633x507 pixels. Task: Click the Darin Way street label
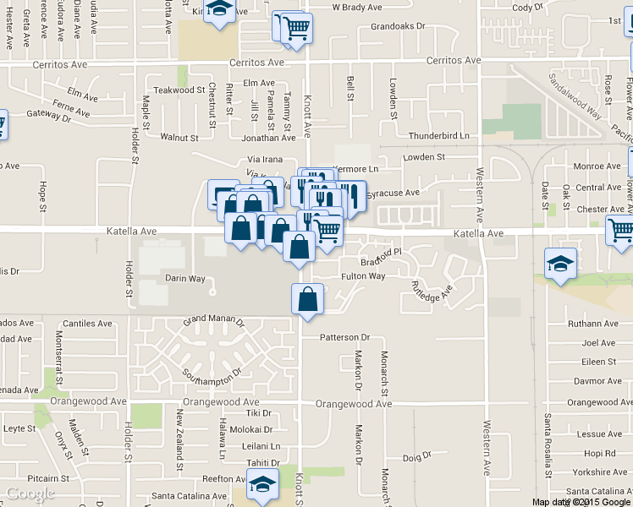click(x=184, y=278)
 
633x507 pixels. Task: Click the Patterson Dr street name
click(x=344, y=337)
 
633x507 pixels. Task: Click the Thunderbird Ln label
click(x=438, y=135)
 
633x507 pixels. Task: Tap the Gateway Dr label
click(x=48, y=115)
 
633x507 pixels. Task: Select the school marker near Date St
click(x=560, y=264)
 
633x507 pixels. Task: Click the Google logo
click(x=30, y=493)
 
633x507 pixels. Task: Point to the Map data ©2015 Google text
click(x=581, y=502)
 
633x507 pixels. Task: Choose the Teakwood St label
click(x=179, y=90)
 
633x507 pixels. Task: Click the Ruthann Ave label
click(x=592, y=324)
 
